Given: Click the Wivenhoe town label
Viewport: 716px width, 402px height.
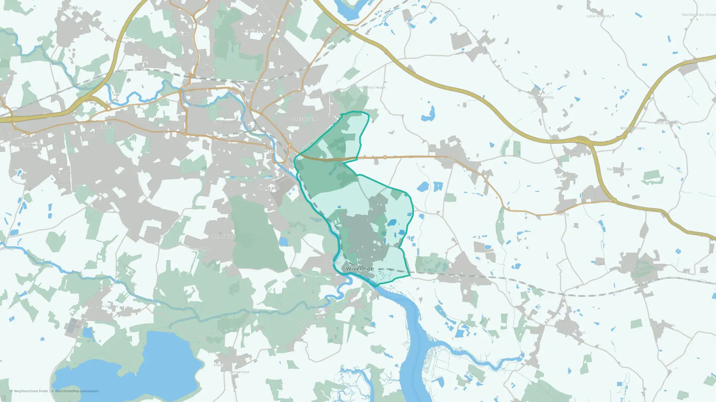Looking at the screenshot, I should click(359, 269).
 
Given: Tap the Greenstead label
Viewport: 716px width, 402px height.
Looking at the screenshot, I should click(305, 119).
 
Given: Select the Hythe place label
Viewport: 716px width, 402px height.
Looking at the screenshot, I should click(269, 152).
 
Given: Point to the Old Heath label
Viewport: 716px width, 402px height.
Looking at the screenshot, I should click(267, 188).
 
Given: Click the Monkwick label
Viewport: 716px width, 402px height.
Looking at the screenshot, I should click(223, 237).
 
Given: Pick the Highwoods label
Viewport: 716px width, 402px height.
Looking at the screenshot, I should click(256, 31).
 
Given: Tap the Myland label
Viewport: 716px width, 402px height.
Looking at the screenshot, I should click(183, 34).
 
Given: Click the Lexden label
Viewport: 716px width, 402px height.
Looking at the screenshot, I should click(106, 127).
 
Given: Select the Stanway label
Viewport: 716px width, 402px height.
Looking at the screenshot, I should click(31, 145).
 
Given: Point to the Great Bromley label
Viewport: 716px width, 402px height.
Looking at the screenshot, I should click(541, 97).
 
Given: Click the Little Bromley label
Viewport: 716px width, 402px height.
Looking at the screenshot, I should click(599, 16).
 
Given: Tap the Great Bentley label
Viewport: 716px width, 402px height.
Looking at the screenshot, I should click(636, 265).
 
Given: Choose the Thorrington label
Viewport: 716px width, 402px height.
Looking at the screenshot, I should click(575, 332).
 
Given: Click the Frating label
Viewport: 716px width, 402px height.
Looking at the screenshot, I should click(562, 214).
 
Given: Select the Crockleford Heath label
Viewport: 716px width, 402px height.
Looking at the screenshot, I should click(370, 88).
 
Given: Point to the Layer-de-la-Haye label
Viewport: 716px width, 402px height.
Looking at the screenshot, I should click(103, 306).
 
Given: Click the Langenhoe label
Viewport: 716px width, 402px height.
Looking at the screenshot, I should click(240, 372).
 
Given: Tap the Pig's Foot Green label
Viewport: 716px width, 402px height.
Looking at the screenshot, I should click(308, 323).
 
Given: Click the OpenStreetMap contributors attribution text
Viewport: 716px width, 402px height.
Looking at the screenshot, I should click(77, 391).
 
